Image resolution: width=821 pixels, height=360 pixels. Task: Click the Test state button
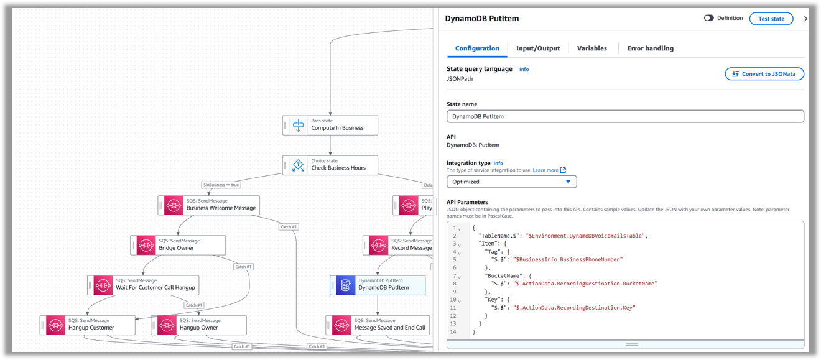[x=771, y=19]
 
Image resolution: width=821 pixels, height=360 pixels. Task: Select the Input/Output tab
[x=538, y=48]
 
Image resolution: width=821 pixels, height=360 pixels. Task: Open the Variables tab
[x=591, y=48]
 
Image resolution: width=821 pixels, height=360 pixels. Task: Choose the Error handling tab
[x=650, y=48]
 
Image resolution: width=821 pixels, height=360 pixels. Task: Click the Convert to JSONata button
[x=764, y=74]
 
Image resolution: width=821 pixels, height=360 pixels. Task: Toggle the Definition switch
[x=708, y=18]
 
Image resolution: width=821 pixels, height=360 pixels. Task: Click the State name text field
[x=625, y=116]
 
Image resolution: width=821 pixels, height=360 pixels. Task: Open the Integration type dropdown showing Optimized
[x=511, y=182]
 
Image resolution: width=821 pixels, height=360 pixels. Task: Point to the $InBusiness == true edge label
[x=221, y=185]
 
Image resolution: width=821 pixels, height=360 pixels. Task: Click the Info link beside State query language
[x=524, y=70]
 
